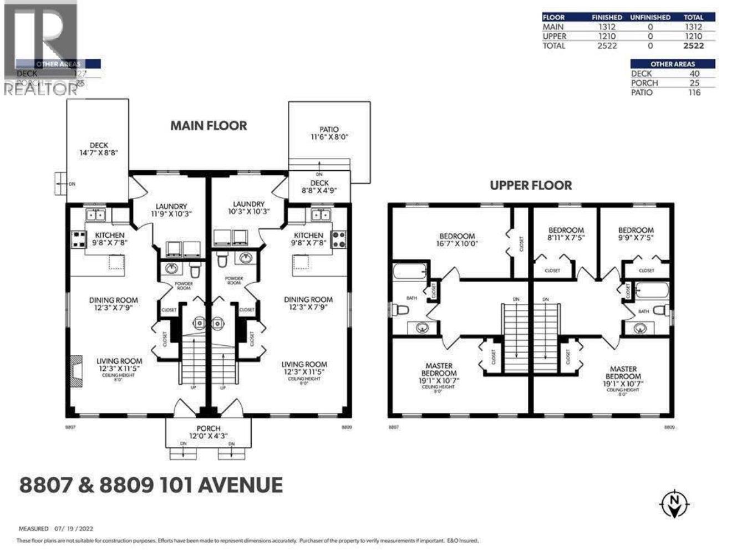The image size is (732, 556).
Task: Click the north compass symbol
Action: [674, 503]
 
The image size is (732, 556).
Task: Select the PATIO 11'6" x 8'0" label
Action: [329, 133]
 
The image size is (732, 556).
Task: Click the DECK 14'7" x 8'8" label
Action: [99, 149]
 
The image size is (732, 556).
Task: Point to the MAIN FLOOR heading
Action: [208, 126]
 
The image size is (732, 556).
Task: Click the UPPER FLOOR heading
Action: [531, 185]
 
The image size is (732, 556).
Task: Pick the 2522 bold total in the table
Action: [693, 46]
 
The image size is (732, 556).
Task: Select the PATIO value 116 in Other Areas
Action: [694, 93]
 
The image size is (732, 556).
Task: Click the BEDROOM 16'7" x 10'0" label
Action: [457, 239]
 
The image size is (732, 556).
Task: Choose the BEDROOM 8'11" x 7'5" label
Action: [566, 233]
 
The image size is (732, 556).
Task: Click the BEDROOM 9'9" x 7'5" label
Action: [636, 233]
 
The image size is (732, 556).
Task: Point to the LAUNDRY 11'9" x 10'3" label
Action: [171, 210]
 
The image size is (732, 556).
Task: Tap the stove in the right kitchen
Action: [339, 239]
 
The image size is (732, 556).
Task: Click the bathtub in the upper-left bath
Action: [410, 272]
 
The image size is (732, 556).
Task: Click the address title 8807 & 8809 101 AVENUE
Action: [151, 485]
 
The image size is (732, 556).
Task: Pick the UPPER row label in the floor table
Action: [554, 36]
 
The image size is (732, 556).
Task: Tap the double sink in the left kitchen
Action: [95, 215]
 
